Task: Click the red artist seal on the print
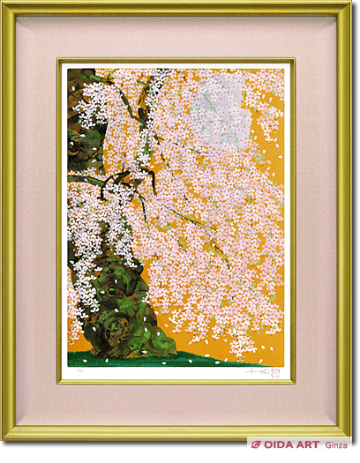coord(276,372)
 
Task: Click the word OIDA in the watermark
coord(281,446)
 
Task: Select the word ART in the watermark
coord(309,446)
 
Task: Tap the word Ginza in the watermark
coord(338,446)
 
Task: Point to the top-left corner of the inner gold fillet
coord(60,61)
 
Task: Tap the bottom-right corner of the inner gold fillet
coord(293,382)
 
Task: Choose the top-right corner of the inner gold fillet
coord(293,61)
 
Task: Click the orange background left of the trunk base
coord(78,340)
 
